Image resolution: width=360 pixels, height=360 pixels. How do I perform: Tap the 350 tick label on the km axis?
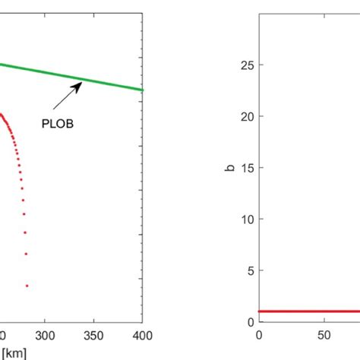94,335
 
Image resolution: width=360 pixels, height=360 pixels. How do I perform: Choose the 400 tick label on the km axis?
142,335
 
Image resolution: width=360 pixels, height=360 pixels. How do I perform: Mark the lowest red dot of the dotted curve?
27,286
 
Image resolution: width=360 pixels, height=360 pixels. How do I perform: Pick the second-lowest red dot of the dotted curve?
26,254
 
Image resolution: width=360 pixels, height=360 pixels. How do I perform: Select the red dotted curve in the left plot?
20,175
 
